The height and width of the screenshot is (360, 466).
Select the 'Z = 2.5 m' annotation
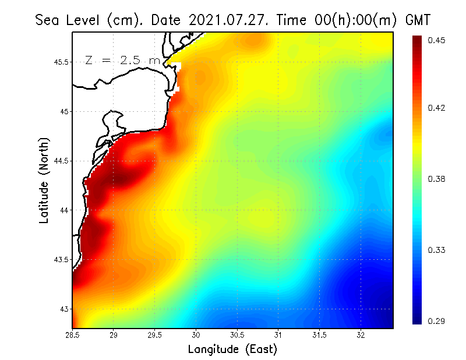click(x=122, y=61)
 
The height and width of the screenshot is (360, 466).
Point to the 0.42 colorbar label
click(x=436, y=108)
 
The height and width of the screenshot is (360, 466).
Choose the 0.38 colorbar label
click(x=436, y=179)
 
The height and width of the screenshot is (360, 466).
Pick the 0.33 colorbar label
click(x=436, y=250)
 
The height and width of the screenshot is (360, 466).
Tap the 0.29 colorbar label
click(x=436, y=321)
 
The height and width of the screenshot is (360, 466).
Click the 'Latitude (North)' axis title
click(x=44, y=181)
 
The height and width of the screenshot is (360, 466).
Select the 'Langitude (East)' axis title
click(x=232, y=350)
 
